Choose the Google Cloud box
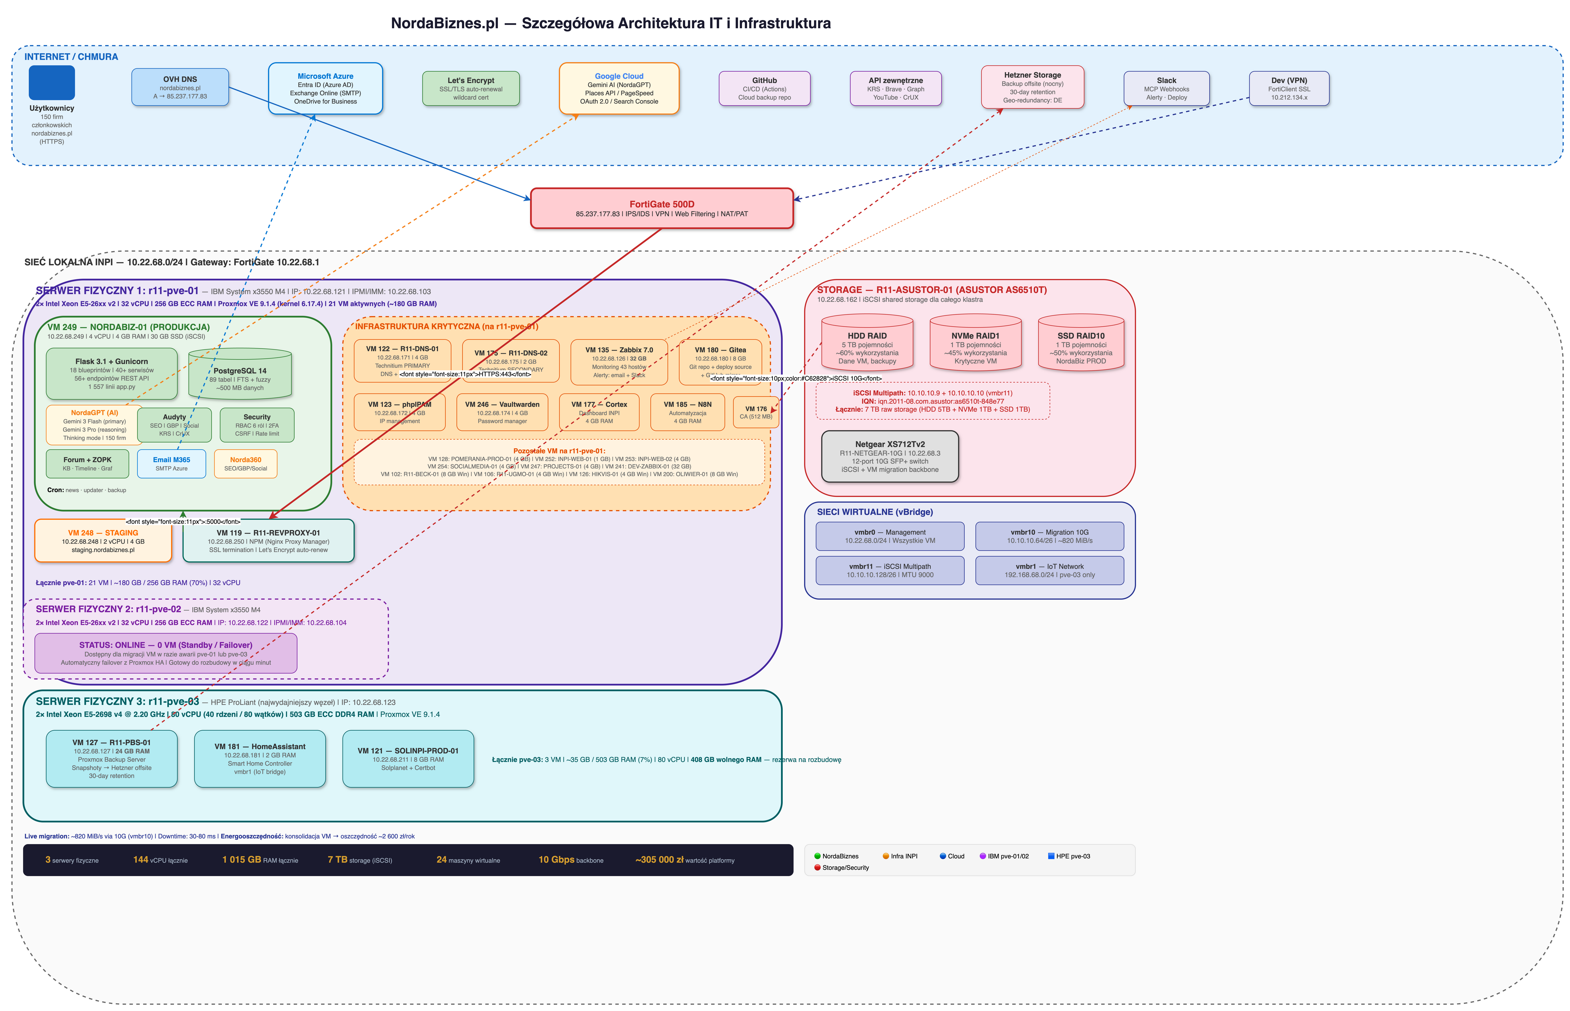(619, 88)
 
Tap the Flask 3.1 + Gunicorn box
(111, 373)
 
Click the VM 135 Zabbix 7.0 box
(619, 362)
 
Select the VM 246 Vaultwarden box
(502, 412)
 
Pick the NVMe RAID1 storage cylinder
(975, 343)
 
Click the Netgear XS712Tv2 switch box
(890, 456)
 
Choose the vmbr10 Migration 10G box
(1049, 536)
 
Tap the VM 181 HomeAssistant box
(260, 758)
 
